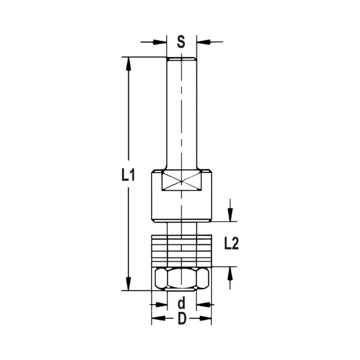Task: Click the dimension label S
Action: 181,42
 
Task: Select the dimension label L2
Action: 231,244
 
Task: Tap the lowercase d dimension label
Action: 181,305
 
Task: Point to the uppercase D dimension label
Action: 182,319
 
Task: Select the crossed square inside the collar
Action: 181,181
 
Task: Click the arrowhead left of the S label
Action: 161,42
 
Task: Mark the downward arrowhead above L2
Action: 230,215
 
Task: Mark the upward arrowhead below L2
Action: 230,274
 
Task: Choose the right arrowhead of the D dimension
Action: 205,319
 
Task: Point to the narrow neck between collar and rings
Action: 181,228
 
